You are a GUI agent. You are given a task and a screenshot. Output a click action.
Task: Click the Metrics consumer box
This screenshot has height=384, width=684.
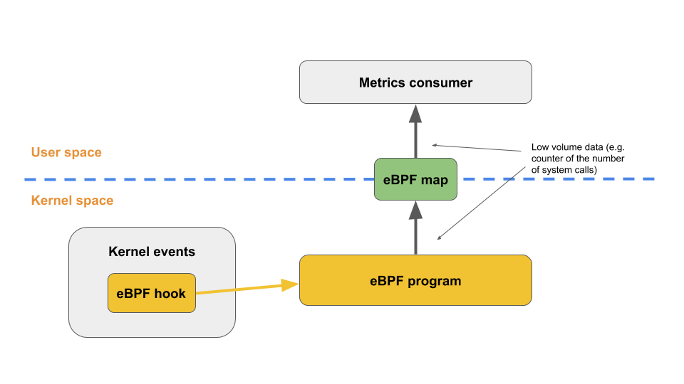pos(415,82)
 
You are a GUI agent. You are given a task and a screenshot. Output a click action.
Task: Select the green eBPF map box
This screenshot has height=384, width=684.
pos(415,179)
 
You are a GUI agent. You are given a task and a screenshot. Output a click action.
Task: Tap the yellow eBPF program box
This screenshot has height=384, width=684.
pos(415,280)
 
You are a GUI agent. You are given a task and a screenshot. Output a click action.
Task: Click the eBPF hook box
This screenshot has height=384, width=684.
pos(151,293)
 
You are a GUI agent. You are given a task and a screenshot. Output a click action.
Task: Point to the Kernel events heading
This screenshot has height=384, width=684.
pos(151,252)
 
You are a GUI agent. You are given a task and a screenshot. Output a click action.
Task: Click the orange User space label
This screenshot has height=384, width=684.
pos(66,152)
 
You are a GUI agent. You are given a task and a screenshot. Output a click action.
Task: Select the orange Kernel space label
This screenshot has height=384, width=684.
pos(72,201)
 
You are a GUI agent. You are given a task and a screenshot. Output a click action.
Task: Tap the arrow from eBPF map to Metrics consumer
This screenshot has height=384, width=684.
pos(415,135)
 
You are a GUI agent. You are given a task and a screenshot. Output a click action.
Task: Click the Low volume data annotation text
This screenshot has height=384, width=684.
pos(578,158)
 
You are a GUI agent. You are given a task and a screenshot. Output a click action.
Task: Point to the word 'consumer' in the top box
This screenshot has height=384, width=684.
pos(441,82)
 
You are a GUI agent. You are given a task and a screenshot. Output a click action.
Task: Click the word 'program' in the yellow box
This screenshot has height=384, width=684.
pos(435,281)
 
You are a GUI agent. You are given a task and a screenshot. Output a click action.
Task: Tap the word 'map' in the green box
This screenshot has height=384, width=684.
pos(435,180)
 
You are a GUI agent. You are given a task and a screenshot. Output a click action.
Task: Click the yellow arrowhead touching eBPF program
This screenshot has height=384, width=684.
pos(290,285)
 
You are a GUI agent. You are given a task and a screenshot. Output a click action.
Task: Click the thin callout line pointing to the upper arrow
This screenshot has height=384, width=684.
pos(477,147)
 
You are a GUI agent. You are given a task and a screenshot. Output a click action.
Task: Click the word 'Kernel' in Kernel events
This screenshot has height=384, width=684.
pos(128,252)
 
